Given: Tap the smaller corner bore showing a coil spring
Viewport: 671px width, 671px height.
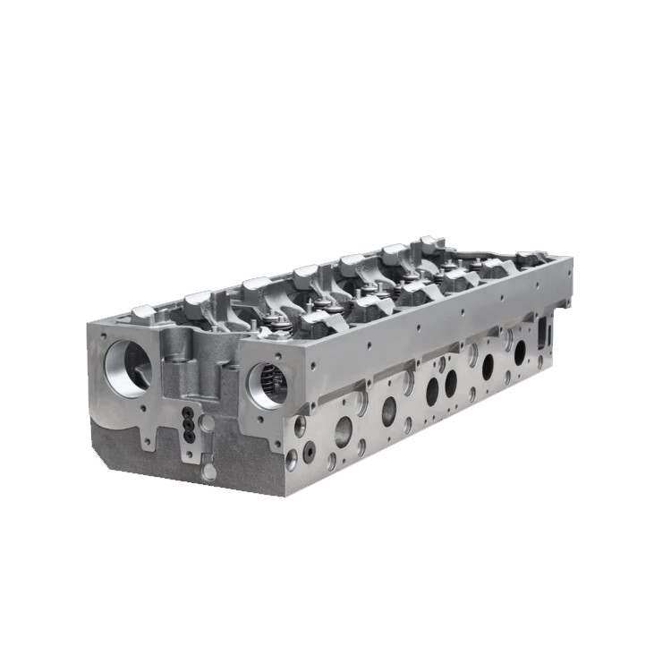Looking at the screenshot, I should pos(267,386).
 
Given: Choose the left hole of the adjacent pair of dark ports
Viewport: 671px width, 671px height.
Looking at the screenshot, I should pos(432,387).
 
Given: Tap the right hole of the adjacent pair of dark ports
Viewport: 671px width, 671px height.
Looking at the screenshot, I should pos(450,382).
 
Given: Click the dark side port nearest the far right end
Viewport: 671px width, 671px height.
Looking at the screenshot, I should pos(520,352).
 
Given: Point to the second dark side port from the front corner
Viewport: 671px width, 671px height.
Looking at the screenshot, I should pos(389,409).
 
